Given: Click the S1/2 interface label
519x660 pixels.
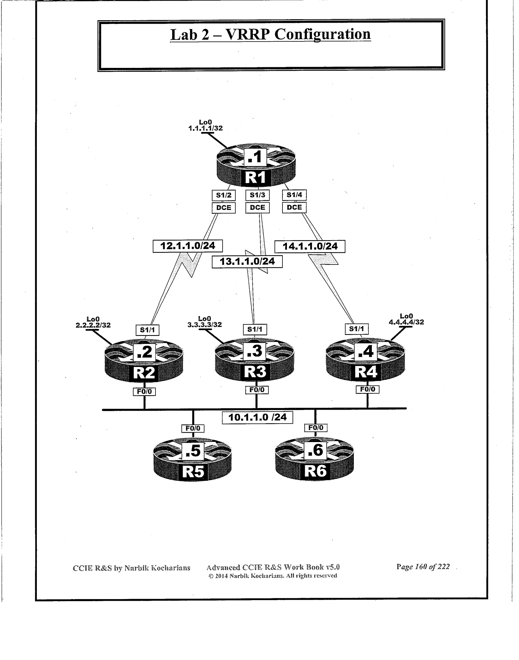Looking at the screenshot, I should [223, 195].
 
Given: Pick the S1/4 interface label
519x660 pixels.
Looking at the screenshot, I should [294, 195].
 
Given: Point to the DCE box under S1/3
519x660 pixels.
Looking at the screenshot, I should [257, 207].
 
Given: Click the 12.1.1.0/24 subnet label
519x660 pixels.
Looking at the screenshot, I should [187, 246].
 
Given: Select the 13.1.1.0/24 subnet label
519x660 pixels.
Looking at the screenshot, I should [247, 261].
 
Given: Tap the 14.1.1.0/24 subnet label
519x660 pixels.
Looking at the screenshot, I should [310, 246].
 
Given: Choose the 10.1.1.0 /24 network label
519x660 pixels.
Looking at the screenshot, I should [257, 417].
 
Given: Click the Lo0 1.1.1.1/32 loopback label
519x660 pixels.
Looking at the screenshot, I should [205, 125].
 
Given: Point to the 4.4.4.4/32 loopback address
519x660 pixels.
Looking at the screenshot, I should [406, 322].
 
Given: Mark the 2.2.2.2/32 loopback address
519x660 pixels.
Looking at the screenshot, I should [93, 325].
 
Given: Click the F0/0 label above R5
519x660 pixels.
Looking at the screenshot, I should [193, 428].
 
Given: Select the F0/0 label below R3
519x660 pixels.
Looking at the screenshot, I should [257, 390].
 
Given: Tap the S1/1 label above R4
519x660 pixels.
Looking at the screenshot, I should [357, 329].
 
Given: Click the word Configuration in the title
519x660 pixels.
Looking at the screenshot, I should [322, 34].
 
